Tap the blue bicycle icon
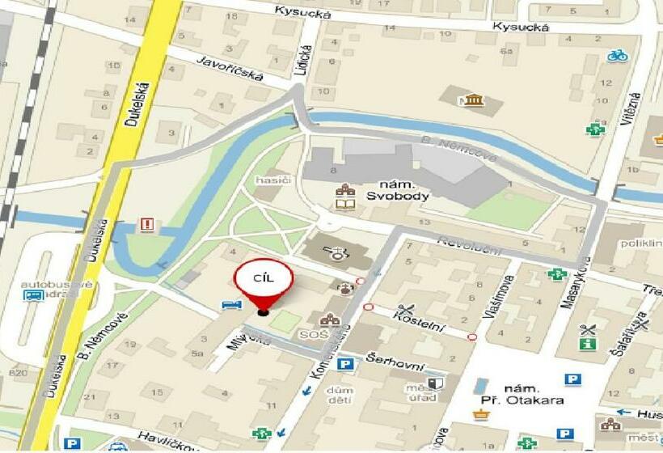click(x=618, y=56)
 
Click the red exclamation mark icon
click(x=146, y=224)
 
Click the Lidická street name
click(x=302, y=59)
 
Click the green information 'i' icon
click(x=586, y=344)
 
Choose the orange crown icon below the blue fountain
click(x=481, y=414)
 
